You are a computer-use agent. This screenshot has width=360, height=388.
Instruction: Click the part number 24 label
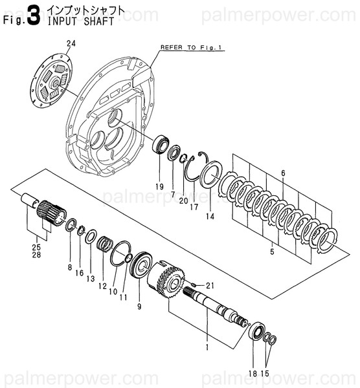[x=71, y=44]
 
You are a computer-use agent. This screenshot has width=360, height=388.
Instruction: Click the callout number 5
[x=273, y=250]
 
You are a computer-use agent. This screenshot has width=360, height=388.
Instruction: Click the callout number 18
[x=253, y=373]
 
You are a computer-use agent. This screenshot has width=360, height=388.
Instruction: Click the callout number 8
[x=69, y=266]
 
